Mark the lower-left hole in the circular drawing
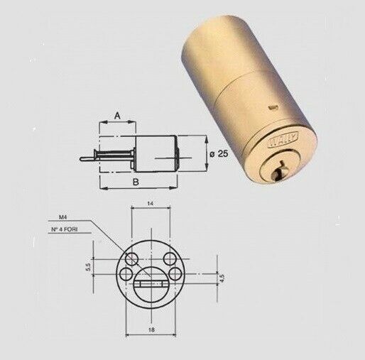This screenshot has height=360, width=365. click(x=126, y=271)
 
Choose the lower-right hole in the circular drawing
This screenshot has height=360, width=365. click(x=174, y=271)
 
